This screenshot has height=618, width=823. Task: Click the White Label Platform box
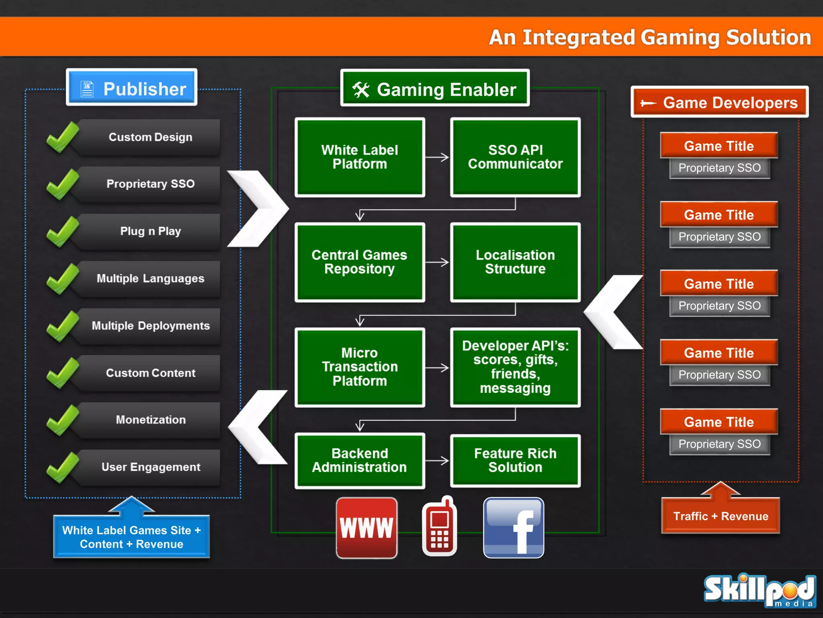[x=360, y=157]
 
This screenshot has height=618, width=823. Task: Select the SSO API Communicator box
[x=515, y=157]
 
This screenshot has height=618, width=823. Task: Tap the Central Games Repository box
[x=360, y=262]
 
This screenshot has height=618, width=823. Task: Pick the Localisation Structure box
[x=515, y=262]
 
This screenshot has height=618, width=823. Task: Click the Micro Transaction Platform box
[x=360, y=367]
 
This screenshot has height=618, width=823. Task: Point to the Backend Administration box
[x=360, y=461]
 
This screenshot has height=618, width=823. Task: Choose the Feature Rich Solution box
[x=515, y=461]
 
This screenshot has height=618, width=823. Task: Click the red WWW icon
[x=366, y=528]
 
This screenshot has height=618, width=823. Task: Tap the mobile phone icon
[x=440, y=527]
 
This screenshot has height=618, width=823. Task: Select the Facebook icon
[x=514, y=528]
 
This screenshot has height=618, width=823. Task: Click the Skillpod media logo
[x=760, y=591]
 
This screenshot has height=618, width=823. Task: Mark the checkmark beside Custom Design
[x=62, y=137]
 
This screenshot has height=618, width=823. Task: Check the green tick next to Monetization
[x=62, y=420]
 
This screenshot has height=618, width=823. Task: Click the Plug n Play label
[x=151, y=231]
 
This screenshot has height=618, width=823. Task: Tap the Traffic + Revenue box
[x=721, y=516]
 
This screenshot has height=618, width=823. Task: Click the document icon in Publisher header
[x=87, y=89]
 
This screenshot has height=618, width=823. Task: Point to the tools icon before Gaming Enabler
[x=360, y=90]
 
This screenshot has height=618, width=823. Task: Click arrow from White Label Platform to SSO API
[x=437, y=157]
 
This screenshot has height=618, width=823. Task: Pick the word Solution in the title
[x=768, y=37]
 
